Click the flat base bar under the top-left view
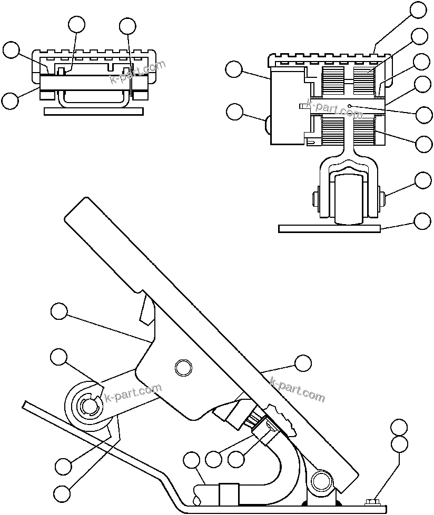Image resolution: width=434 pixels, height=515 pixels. pyautogui.click(x=94, y=112)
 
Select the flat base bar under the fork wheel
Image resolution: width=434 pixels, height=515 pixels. pyautogui.click(x=329, y=228)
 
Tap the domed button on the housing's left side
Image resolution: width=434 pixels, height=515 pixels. pyautogui.click(x=267, y=126)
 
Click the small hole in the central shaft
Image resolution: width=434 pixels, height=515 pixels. pyautogui.click(x=349, y=105)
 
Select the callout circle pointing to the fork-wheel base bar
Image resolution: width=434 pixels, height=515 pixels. pyautogui.click(x=422, y=221)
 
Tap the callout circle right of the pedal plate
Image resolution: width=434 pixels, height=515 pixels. pyautogui.click(x=303, y=363)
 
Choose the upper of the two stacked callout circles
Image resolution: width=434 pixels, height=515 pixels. pyautogui.click(x=400, y=427)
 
